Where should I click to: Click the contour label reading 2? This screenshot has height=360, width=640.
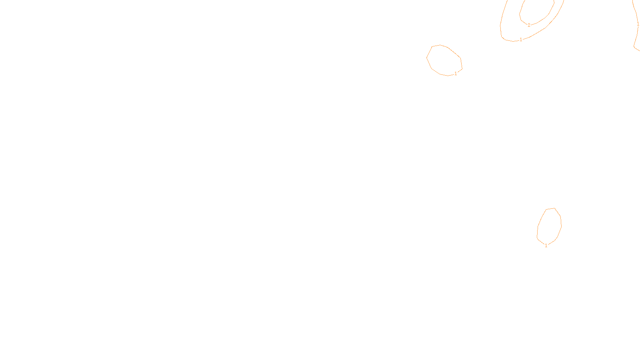(529, 25)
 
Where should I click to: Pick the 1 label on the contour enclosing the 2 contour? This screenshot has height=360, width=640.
(520, 39)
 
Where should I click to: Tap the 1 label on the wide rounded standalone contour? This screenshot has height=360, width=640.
(456, 74)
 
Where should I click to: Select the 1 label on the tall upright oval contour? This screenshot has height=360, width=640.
(546, 246)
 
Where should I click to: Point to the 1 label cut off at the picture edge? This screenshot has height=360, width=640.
(638, 24)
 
